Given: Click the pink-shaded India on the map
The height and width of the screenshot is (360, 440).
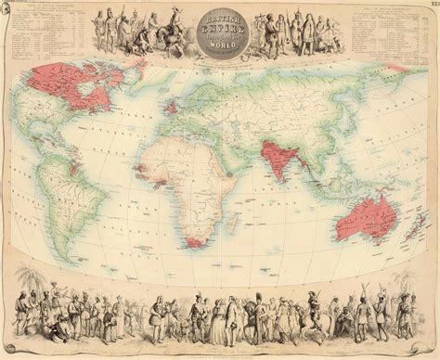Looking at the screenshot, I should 272,156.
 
